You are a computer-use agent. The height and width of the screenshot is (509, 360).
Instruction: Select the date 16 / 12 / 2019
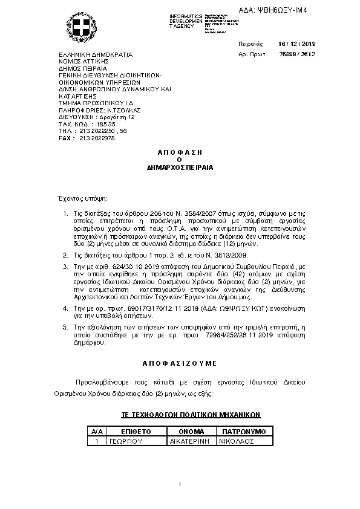[296, 44]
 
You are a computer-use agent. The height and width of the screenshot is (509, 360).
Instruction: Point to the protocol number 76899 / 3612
[296, 54]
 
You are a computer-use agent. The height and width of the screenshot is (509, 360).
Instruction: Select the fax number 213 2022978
[97, 138]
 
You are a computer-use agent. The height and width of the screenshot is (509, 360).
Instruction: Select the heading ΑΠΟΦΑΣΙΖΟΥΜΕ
[180, 363]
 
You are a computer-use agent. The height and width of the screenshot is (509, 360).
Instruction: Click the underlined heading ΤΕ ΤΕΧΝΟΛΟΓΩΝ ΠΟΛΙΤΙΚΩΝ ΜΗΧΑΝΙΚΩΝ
[191, 415]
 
